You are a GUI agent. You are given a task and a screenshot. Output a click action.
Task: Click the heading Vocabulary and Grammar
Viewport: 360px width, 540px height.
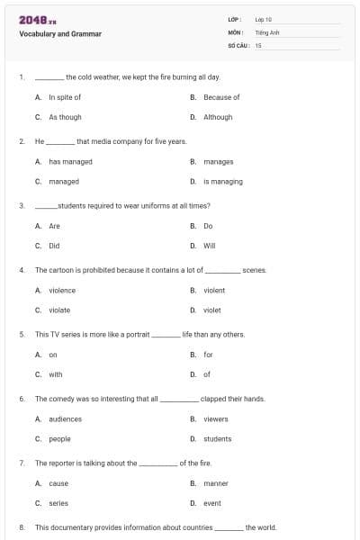point(59,34)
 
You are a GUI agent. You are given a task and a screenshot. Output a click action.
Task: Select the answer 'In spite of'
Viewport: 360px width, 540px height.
point(65,97)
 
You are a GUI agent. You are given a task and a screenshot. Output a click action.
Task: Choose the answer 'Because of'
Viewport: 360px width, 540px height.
point(221,97)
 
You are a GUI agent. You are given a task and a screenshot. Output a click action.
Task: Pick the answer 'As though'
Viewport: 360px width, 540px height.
point(65,117)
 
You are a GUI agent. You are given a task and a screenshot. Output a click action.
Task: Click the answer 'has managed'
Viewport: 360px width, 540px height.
point(70,162)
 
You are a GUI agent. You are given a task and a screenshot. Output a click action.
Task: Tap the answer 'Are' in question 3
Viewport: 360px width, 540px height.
point(54,226)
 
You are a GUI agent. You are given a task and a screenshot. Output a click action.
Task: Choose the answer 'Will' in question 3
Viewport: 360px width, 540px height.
point(210,246)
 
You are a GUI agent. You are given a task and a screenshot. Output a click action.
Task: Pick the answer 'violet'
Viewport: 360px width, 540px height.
point(212,310)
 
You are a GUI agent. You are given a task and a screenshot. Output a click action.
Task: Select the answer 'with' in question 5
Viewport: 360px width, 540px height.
point(56,374)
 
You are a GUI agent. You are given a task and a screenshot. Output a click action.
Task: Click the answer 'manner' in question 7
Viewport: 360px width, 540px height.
point(216,483)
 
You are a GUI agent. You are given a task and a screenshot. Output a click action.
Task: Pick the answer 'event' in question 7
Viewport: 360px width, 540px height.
point(212,503)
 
